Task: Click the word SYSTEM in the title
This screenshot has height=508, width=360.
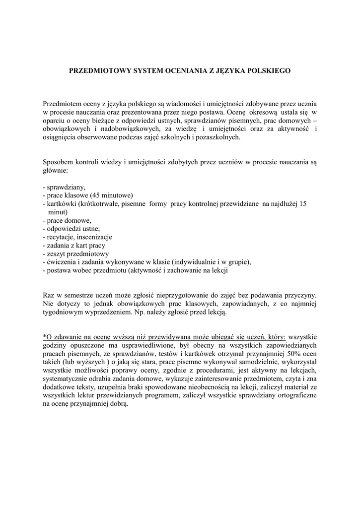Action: click(x=145, y=71)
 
